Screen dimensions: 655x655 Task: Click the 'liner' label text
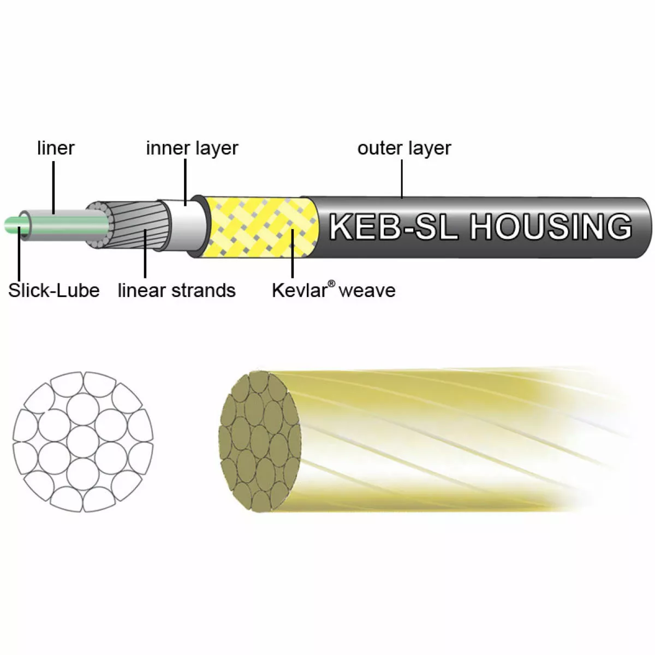[x=55, y=148]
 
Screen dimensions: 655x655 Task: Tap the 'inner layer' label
[x=192, y=148]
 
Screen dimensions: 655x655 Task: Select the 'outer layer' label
[x=404, y=148]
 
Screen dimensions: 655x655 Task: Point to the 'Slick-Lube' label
[x=53, y=290]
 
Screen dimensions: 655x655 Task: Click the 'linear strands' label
[x=176, y=290]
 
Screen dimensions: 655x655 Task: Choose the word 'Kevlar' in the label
[x=299, y=290]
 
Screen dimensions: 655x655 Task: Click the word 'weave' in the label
[x=367, y=290]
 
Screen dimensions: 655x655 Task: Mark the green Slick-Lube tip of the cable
[x=12, y=224]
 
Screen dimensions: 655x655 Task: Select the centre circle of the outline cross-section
[x=83, y=442]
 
